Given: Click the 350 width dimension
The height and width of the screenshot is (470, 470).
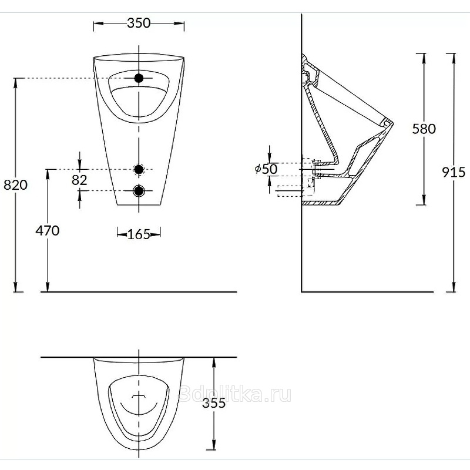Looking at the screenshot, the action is point(139,23).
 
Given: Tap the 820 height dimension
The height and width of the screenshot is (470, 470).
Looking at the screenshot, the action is point(16,184).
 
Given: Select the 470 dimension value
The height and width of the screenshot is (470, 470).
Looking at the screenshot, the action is point(48,230).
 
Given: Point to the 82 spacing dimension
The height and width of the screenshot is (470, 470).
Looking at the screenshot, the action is point(79,180).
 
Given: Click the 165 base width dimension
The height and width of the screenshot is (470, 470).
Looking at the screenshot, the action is point(139,234).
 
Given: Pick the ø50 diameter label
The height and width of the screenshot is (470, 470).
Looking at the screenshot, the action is point(266,169).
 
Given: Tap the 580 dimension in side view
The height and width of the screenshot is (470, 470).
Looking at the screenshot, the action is point(424,129).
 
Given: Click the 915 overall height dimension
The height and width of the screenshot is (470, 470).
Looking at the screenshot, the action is point(454,172).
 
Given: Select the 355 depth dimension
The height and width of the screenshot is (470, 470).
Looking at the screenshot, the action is point(214,403).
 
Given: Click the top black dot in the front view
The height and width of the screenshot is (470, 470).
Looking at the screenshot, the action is point(139,78).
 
